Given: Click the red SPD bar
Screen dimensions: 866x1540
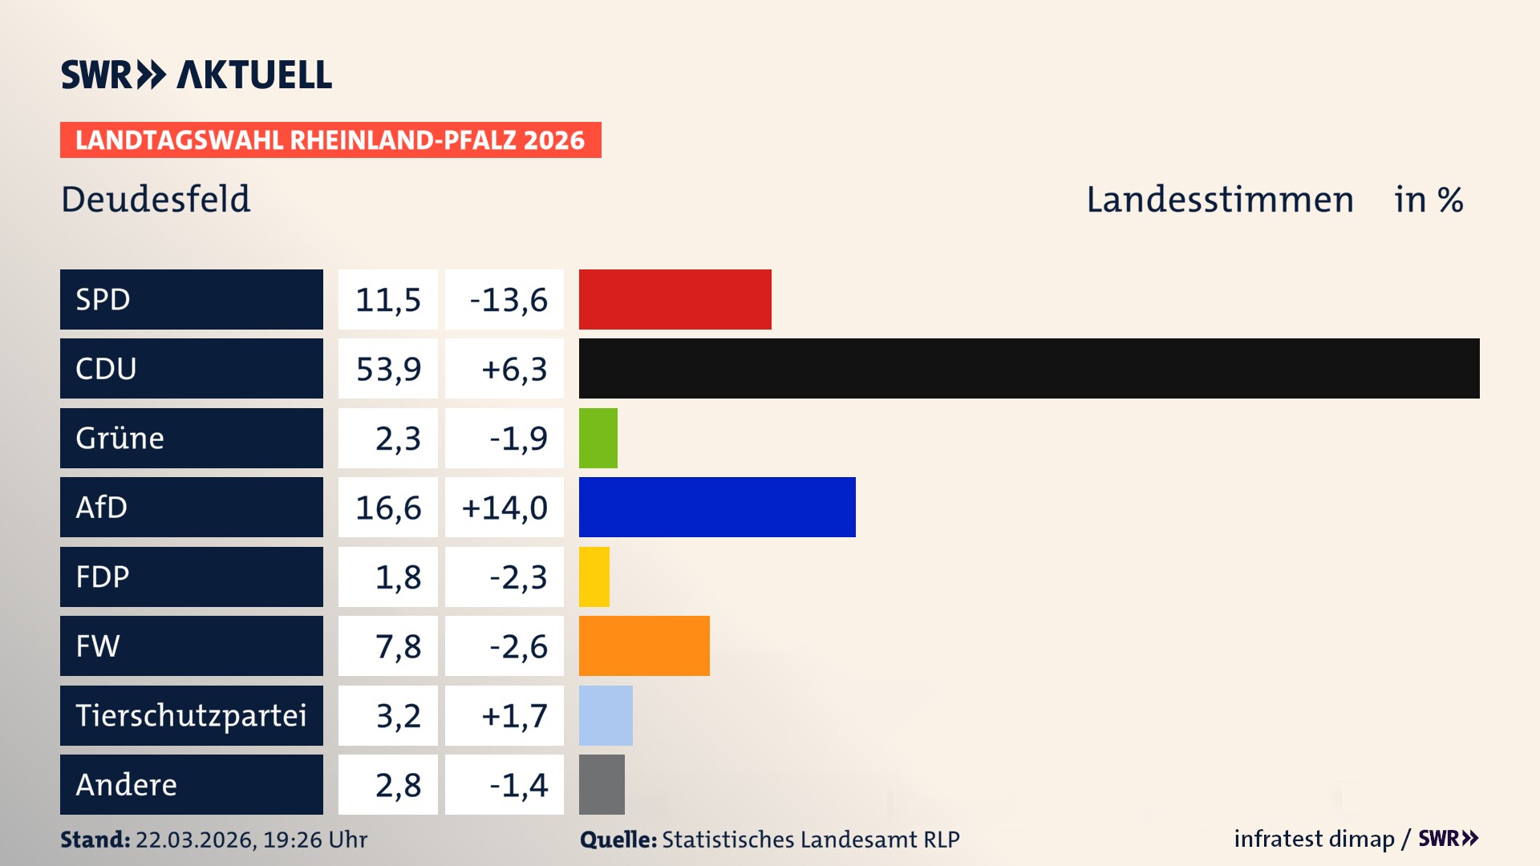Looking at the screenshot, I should click(675, 299).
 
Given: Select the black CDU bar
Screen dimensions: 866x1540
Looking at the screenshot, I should click(1028, 368).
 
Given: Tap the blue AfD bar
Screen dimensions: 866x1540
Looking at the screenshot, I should click(716, 507).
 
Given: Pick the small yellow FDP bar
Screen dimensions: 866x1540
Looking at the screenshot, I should click(594, 577).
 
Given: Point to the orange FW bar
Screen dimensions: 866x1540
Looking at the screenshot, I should click(643, 645).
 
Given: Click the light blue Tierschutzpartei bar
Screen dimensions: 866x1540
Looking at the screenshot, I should click(605, 715).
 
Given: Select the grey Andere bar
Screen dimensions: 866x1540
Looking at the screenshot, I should click(601, 784).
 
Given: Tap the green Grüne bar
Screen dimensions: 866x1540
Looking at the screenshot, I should click(598, 438).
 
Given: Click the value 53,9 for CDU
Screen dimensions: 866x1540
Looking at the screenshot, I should click(388, 369).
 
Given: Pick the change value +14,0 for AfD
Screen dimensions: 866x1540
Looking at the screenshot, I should click(505, 508).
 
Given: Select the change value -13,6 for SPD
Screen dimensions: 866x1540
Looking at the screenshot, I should click(508, 300).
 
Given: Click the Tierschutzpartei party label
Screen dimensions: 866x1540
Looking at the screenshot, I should click(191, 715).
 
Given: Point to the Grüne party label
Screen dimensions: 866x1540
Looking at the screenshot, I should click(120, 438).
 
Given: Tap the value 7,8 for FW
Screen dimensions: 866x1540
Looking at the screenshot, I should click(398, 646).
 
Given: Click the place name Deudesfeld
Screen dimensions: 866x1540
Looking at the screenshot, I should click(156, 199).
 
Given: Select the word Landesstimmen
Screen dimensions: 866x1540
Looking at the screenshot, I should click(1219, 199).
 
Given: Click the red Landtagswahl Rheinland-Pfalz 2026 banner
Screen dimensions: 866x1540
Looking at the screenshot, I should click(330, 140).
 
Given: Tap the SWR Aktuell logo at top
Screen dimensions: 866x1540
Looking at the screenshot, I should click(196, 75).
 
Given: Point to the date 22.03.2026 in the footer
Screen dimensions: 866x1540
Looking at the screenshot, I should click(195, 840).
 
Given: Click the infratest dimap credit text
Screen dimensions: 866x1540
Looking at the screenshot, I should click(1313, 839).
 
